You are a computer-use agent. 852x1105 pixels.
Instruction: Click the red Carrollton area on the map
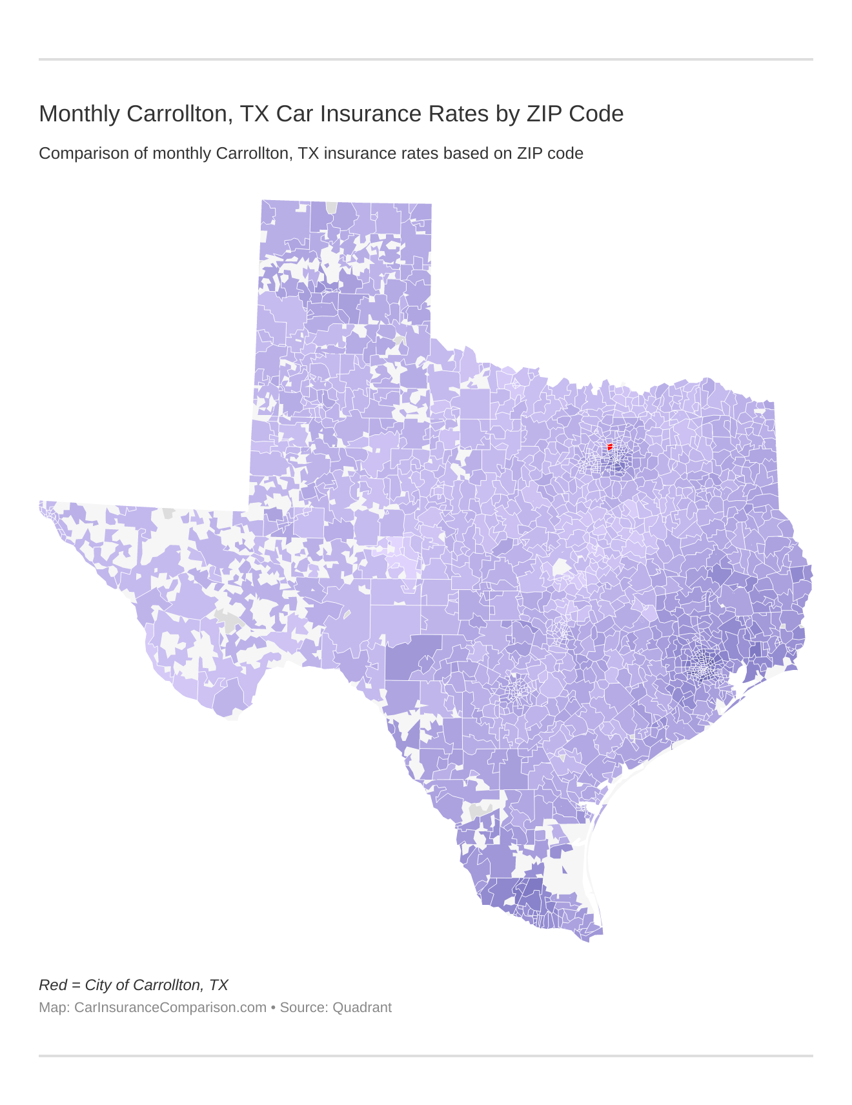point(610,447)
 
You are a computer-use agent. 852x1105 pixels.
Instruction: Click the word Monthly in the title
point(79,114)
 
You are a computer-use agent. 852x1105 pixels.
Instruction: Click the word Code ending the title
point(598,114)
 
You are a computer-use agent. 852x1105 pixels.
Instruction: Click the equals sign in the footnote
point(76,986)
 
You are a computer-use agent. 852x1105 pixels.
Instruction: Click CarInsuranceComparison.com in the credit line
point(170,1008)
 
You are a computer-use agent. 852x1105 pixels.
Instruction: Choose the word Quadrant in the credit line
point(362,1008)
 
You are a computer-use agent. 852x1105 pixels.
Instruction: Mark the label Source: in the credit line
point(304,1008)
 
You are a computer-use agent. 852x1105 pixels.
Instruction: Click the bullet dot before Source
point(273,1008)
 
